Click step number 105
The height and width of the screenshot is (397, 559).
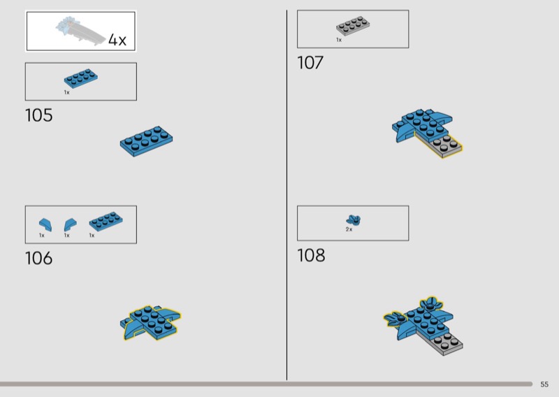pos(39,115)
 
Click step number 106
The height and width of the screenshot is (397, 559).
pos(39,258)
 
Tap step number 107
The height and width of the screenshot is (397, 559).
pos(310,62)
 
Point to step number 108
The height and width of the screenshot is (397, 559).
pos(311,255)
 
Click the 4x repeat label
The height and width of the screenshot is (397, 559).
pos(117,40)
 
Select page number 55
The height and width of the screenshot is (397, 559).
pos(544,384)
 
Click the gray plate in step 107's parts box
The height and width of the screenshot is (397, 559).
pos(353,26)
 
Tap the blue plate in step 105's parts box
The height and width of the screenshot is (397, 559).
pos(81,78)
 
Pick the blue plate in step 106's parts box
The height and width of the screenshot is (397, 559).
pos(106,221)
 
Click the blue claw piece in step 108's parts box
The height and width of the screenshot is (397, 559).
pos(354,219)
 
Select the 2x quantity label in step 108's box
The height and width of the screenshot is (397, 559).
pos(349,229)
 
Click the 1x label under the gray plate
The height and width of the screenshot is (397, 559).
pos(339,40)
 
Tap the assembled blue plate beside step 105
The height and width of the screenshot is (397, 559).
pos(146,141)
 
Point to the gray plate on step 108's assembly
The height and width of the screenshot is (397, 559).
pos(446,343)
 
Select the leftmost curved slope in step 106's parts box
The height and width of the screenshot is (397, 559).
pos(45,225)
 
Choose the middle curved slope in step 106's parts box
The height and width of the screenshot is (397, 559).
pos(70,225)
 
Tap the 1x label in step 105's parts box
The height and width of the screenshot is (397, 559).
pos(66,92)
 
